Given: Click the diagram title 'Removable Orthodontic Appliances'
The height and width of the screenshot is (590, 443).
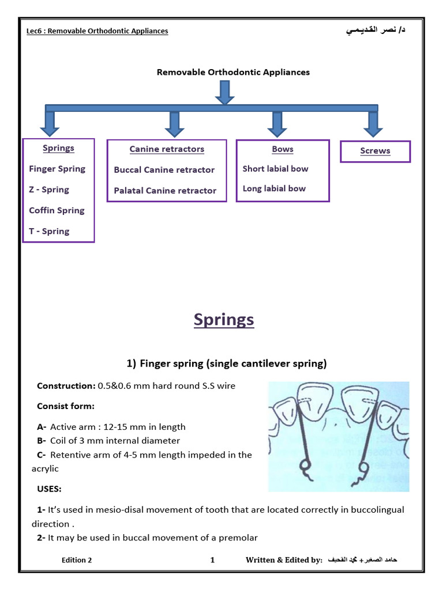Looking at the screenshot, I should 233,73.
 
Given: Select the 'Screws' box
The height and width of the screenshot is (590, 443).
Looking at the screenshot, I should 375,151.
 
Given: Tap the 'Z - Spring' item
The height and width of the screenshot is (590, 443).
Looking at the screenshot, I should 49,190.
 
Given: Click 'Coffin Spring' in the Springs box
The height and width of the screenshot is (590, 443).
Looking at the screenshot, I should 57,210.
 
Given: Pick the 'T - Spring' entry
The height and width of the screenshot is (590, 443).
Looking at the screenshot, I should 49,231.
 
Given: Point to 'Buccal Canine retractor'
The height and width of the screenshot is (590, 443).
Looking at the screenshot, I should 164,170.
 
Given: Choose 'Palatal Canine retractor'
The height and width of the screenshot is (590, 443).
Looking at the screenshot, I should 165,191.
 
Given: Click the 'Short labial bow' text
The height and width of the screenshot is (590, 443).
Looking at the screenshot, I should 275,169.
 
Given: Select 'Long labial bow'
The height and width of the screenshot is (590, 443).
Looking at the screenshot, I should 274,188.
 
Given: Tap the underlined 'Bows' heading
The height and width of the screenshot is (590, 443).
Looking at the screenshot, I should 283,149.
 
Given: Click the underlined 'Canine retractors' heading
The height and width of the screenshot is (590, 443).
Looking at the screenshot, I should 167,149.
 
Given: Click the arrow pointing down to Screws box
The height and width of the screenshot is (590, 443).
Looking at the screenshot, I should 373,124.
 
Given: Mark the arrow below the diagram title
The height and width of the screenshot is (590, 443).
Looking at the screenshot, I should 224,92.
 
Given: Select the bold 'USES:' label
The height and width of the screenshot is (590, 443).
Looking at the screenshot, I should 49,489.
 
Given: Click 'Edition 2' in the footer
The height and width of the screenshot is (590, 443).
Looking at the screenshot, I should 77,560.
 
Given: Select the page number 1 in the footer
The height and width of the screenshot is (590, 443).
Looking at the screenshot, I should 212,560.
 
